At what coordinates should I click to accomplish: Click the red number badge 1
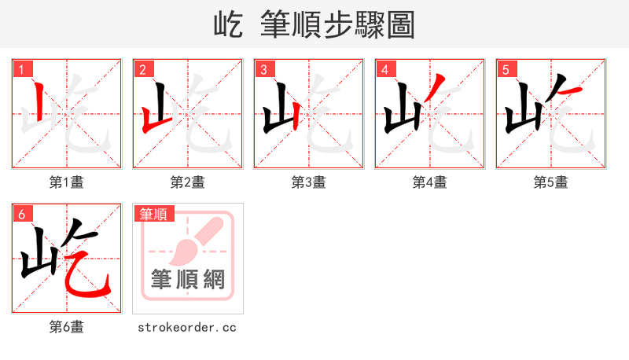[21, 70]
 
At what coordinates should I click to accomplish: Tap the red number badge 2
[142, 70]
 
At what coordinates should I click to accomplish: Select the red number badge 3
[263, 70]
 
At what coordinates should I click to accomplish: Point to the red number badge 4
[384, 70]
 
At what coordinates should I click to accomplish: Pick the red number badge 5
[506, 70]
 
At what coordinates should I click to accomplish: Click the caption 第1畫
[67, 182]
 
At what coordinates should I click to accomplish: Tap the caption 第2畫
[188, 182]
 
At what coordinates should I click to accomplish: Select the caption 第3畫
[309, 182]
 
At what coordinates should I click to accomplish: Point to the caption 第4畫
[430, 182]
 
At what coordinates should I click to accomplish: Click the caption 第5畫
[551, 182]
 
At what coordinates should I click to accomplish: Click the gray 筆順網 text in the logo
[187, 278]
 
